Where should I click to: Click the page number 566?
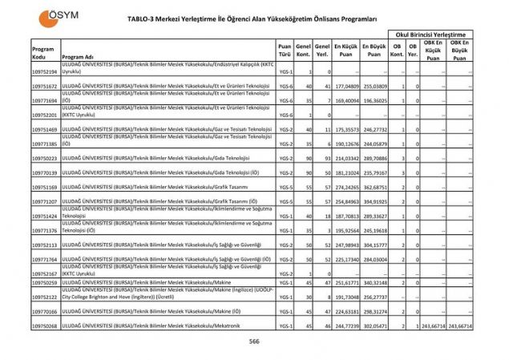click(x=254, y=342)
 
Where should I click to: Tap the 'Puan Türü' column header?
click(x=285, y=51)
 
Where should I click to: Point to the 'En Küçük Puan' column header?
click(x=346, y=51)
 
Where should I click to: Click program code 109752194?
click(x=44, y=72)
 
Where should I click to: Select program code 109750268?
click(x=44, y=326)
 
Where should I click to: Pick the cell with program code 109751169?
click(x=44, y=187)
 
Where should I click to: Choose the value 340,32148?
click(x=374, y=282)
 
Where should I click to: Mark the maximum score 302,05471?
click(x=374, y=326)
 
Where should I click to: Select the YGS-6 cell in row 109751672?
click(x=285, y=86)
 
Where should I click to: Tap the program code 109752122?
click(x=44, y=296)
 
